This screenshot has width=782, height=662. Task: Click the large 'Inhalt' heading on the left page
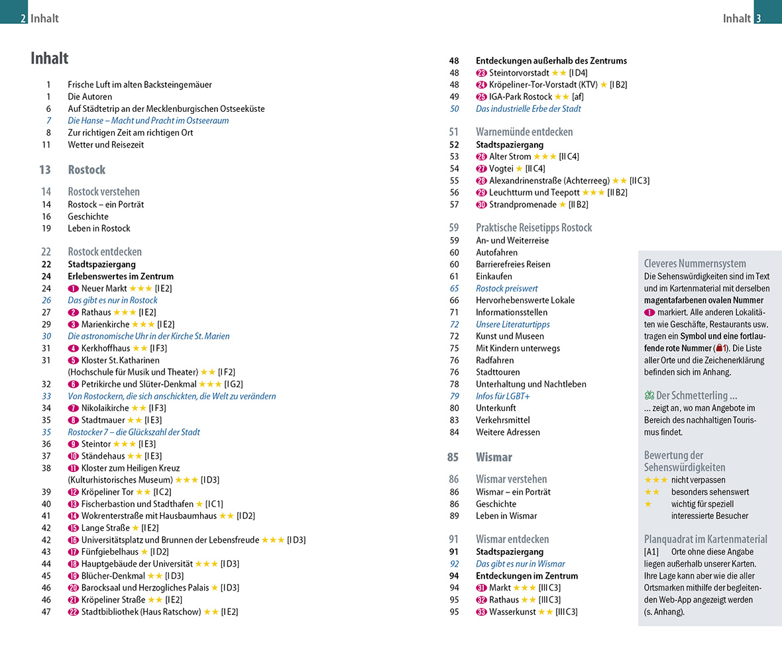tap(50, 58)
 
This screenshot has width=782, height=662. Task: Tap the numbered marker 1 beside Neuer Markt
tap(73, 289)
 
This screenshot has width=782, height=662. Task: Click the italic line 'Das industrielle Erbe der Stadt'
tap(528, 109)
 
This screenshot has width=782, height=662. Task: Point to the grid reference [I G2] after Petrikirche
tap(234, 384)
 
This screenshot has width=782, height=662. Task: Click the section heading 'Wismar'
tap(494, 457)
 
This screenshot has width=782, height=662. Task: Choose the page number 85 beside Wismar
tap(453, 457)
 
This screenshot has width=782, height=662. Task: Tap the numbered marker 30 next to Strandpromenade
tap(481, 205)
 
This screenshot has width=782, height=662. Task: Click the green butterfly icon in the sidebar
tap(649, 396)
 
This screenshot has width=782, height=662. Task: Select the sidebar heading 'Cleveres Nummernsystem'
tap(695, 263)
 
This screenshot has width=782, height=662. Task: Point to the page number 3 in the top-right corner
tap(758, 19)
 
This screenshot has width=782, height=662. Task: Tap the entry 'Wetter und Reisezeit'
tap(105, 144)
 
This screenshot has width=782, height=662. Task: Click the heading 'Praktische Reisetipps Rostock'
tap(533, 227)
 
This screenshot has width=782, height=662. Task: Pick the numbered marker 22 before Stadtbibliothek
tap(73, 612)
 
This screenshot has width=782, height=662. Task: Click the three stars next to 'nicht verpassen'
tap(655, 480)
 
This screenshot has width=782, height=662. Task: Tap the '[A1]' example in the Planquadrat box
tap(651, 551)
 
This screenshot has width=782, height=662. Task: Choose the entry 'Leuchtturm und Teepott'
tap(534, 193)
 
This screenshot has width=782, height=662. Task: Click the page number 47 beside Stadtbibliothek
tap(46, 612)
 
